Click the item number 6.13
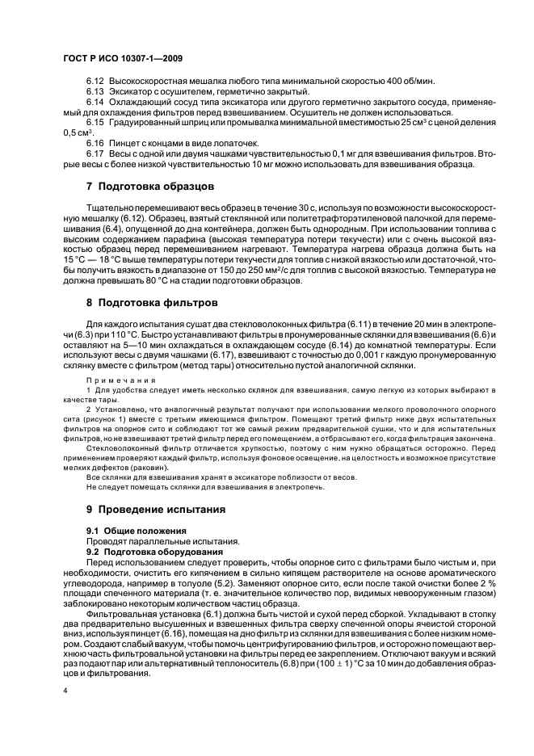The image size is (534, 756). point(96,91)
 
